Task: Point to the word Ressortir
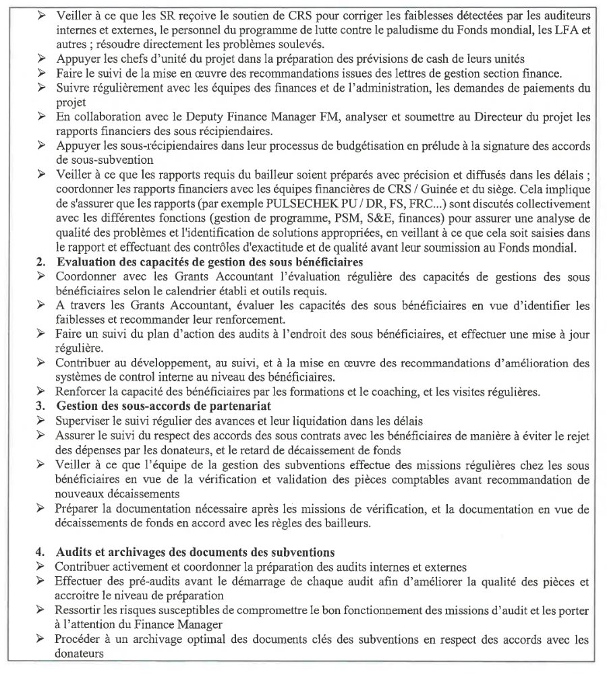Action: [x=80, y=610]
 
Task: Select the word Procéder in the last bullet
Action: [x=79, y=639]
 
